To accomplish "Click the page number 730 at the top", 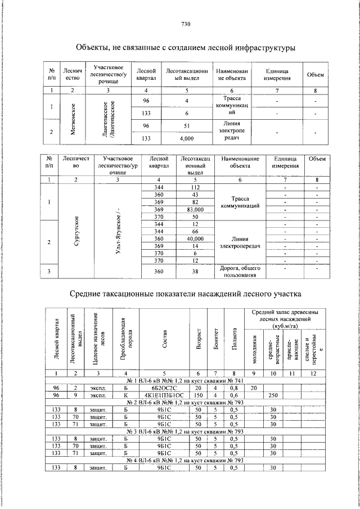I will click(186, 24).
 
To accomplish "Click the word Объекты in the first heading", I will click(93, 48).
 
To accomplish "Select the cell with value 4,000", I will click(186, 138).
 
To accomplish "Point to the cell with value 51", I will click(186, 126).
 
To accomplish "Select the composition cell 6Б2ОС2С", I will click(164, 388).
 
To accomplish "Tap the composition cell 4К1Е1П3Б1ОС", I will click(164, 395).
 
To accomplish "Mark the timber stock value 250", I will click(273, 395).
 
